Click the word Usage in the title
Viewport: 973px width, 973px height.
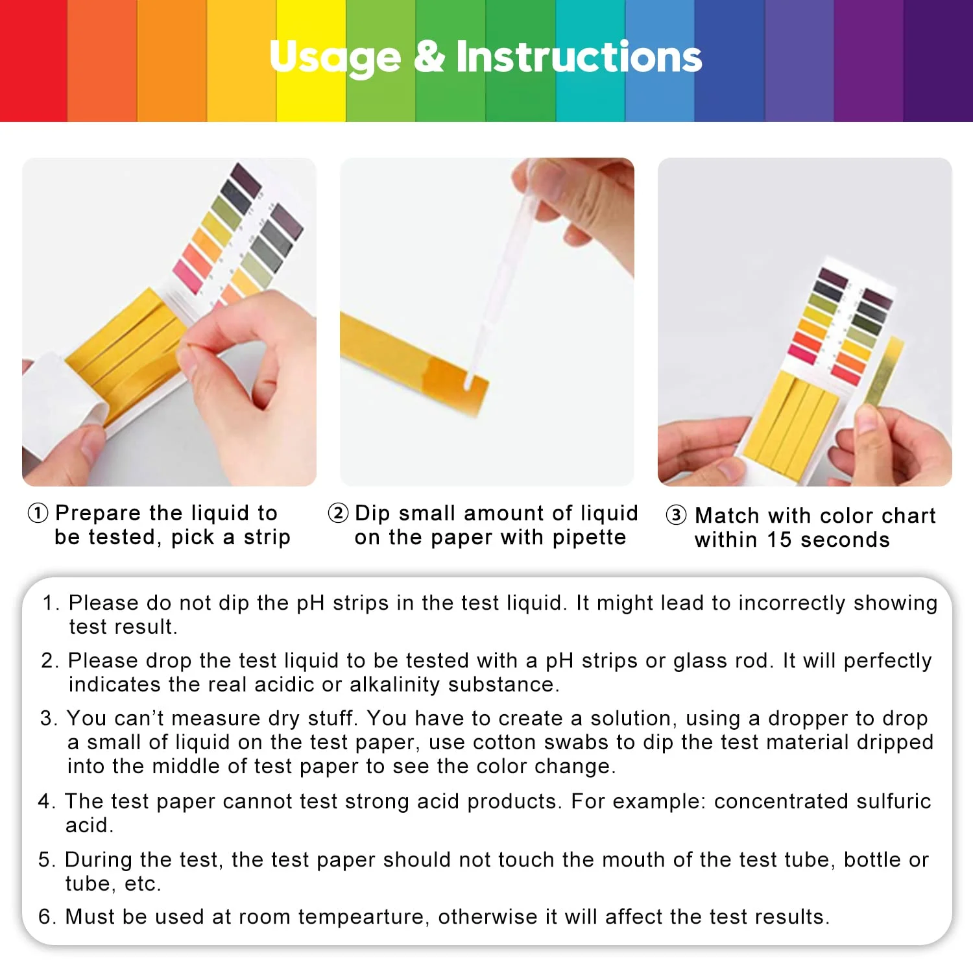(335, 58)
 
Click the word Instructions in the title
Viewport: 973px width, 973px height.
(579, 56)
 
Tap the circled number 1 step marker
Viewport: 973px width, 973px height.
(38, 513)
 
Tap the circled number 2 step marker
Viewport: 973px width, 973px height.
(338, 513)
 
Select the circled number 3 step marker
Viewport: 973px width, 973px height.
(676, 516)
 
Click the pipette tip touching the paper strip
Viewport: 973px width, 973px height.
(468, 383)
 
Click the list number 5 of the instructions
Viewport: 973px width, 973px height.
(47, 859)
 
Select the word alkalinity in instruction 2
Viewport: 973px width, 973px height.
(396, 684)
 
